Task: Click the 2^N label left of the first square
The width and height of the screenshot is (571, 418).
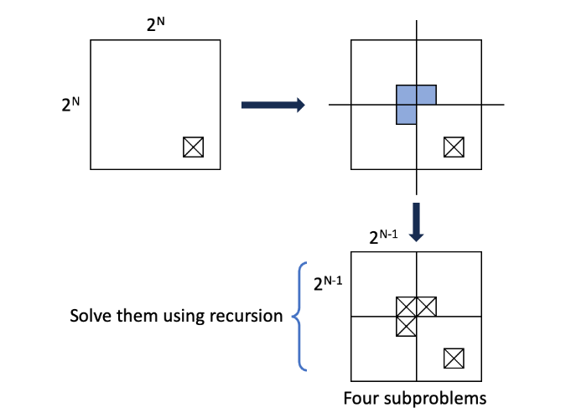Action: [70, 106]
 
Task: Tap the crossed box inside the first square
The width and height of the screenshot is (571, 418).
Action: [193, 147]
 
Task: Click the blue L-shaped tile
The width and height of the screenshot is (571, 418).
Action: [410, 100]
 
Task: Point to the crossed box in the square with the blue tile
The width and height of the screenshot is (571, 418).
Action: [454, 147]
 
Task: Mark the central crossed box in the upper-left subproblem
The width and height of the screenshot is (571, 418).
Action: [407, 307]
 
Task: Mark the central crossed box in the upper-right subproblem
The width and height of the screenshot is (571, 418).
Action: [426, 307]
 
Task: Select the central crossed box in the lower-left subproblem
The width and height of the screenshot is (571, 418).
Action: [407, 326]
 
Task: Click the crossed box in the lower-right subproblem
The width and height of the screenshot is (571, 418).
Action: [454, 358]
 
